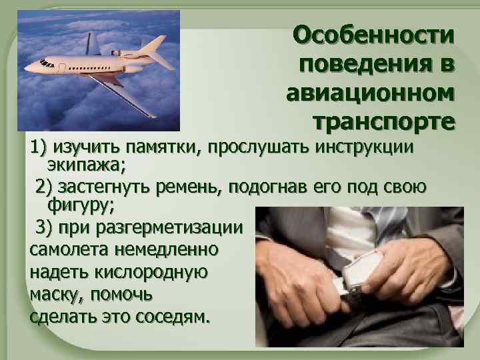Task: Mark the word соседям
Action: [172, 316]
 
